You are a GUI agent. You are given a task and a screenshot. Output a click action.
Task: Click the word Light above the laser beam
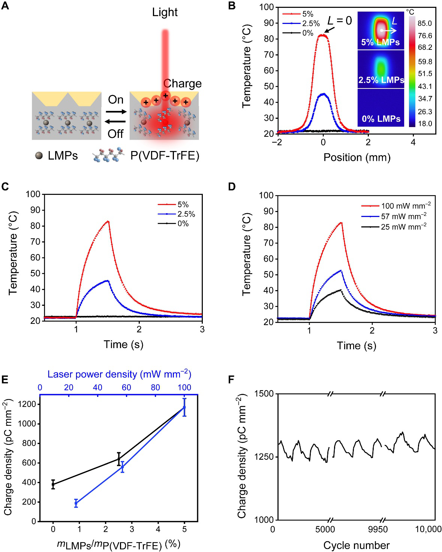pos(165,12)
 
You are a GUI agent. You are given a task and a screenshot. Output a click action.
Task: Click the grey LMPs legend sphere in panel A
pos(39,156)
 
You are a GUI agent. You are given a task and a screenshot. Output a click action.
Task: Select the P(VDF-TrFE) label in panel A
pos(165,156)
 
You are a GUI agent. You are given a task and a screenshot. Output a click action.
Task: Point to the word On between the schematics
pos(115,100)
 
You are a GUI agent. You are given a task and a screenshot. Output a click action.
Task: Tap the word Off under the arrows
pos(115,134)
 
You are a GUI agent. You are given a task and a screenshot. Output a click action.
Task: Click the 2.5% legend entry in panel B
pos(311,24)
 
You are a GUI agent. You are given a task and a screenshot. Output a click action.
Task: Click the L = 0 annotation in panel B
pos(340,20)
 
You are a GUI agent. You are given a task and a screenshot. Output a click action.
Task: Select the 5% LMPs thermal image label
pos(380,42)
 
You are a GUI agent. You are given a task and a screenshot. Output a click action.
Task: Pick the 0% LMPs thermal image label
pos(381,119)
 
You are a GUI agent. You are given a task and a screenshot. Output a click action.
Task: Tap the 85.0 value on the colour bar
pos(425,23)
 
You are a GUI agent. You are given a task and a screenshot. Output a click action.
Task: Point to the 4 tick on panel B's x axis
pos(413,142)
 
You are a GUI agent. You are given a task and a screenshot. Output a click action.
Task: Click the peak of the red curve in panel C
pos(108,221)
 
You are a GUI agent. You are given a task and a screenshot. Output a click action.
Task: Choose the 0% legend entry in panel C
pos(183,224)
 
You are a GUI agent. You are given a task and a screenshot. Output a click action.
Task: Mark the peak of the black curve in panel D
pos(341,290)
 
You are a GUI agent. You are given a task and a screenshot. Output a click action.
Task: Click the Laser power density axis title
pos(119,374)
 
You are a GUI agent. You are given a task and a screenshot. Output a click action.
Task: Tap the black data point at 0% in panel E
pos(53,485)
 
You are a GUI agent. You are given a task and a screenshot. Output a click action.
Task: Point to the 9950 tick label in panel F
pos(378,529)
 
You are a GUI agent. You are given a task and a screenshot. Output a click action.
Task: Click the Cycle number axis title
pos(356,545)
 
